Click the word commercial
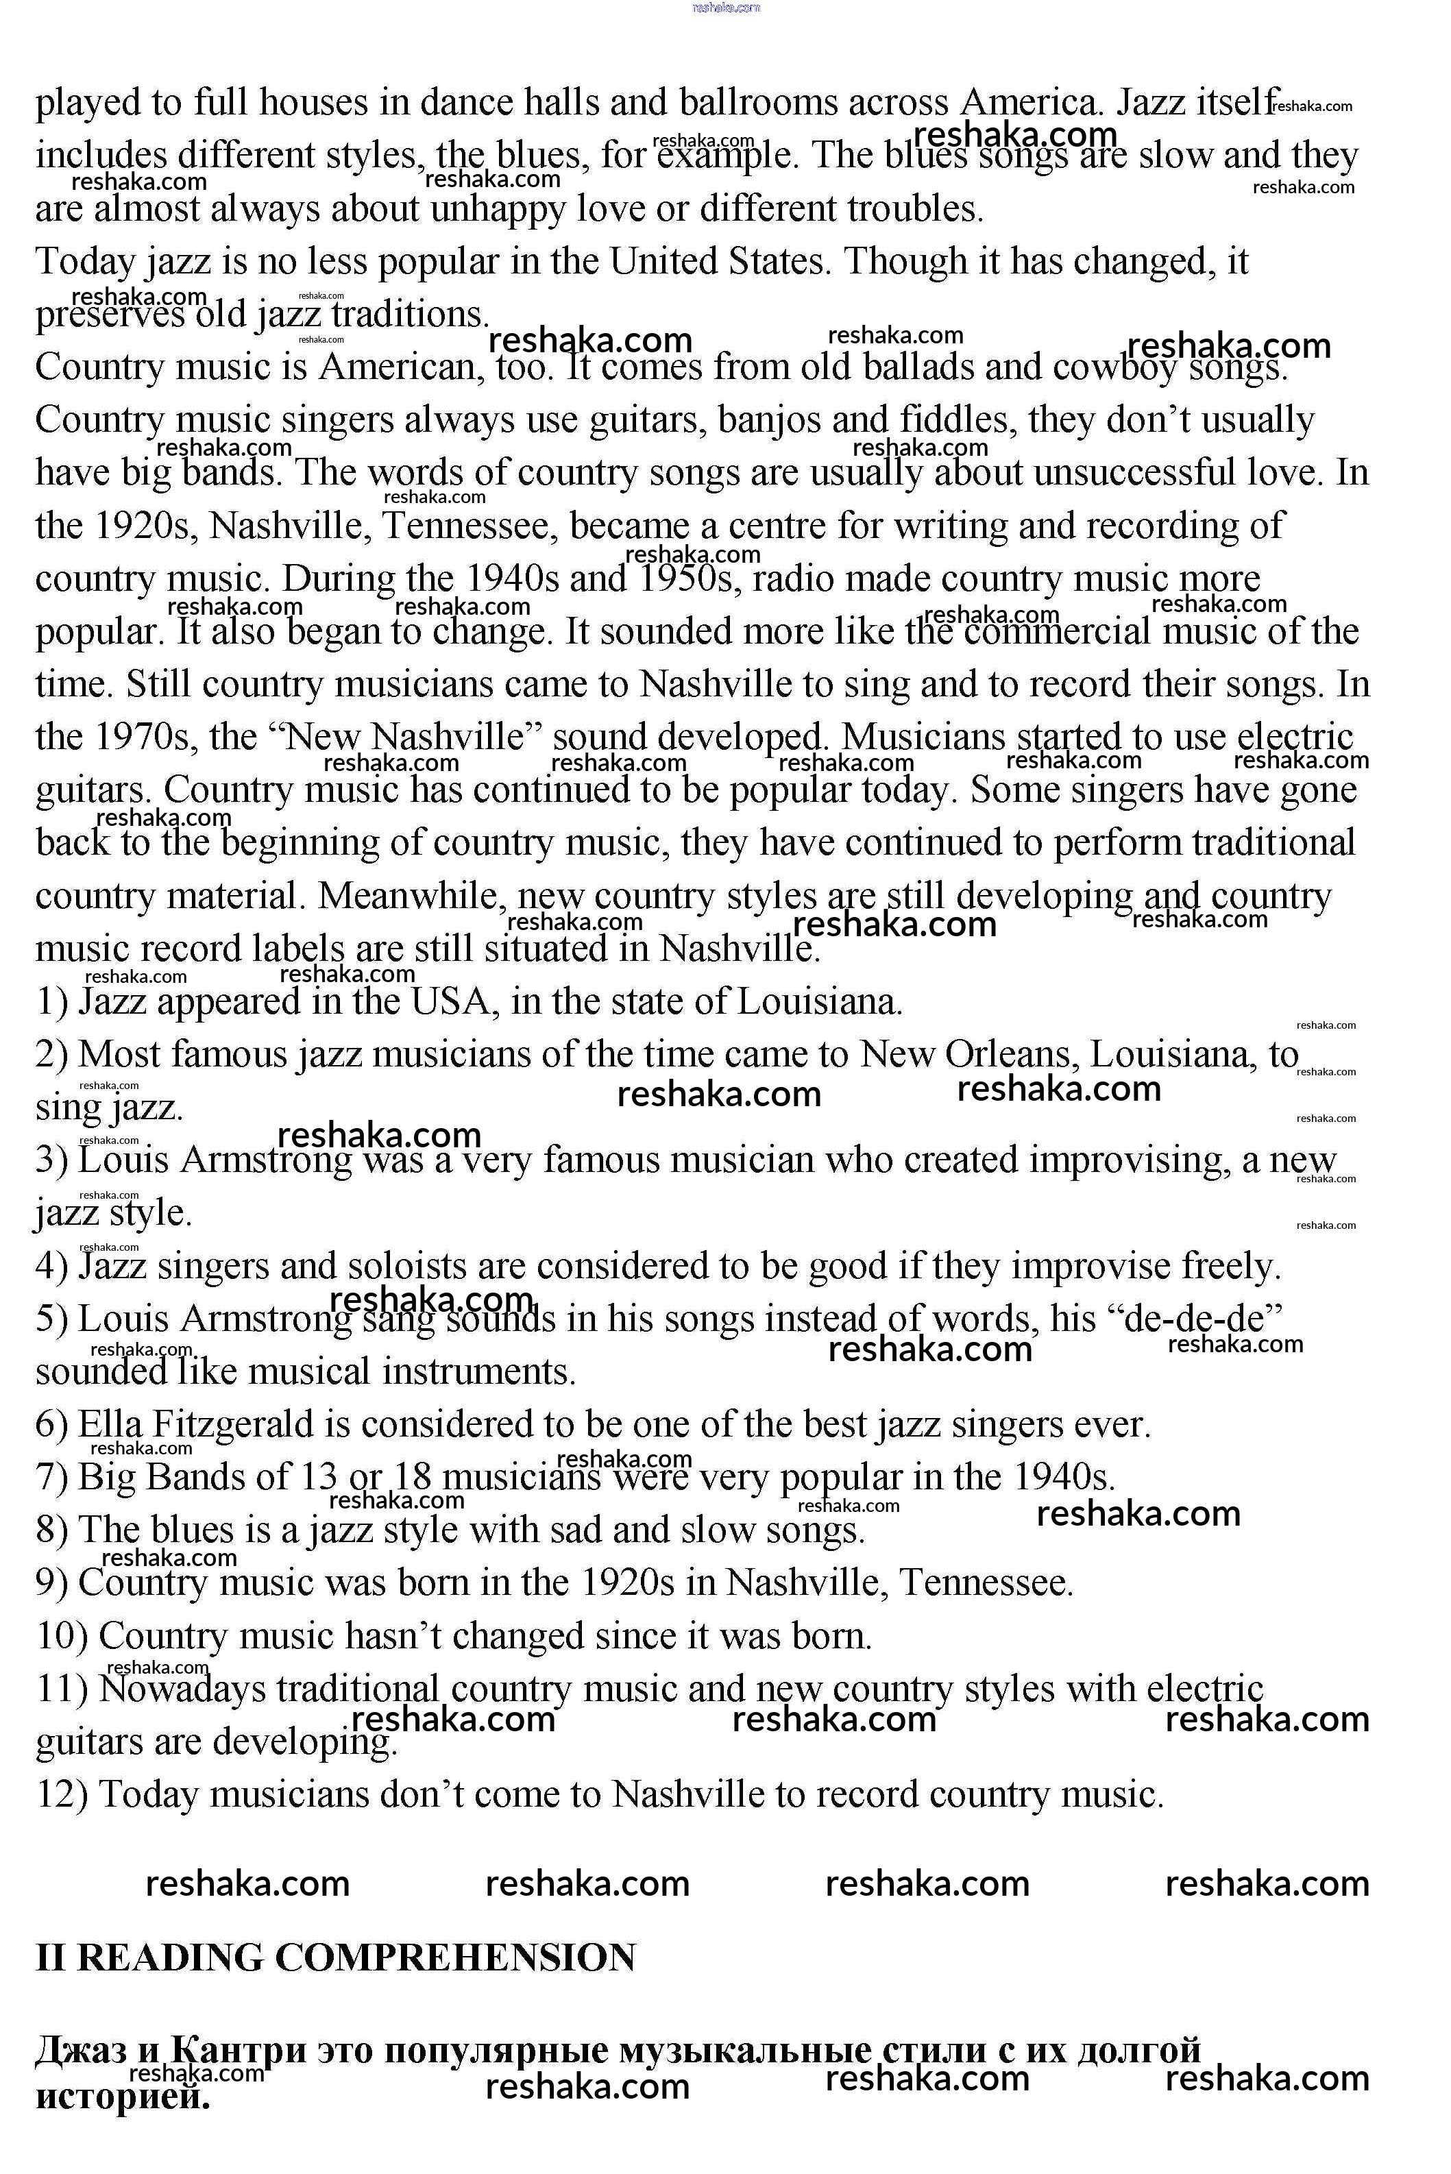(1056, 633)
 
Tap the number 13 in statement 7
(318, 1478)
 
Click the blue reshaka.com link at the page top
(725, 8)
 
